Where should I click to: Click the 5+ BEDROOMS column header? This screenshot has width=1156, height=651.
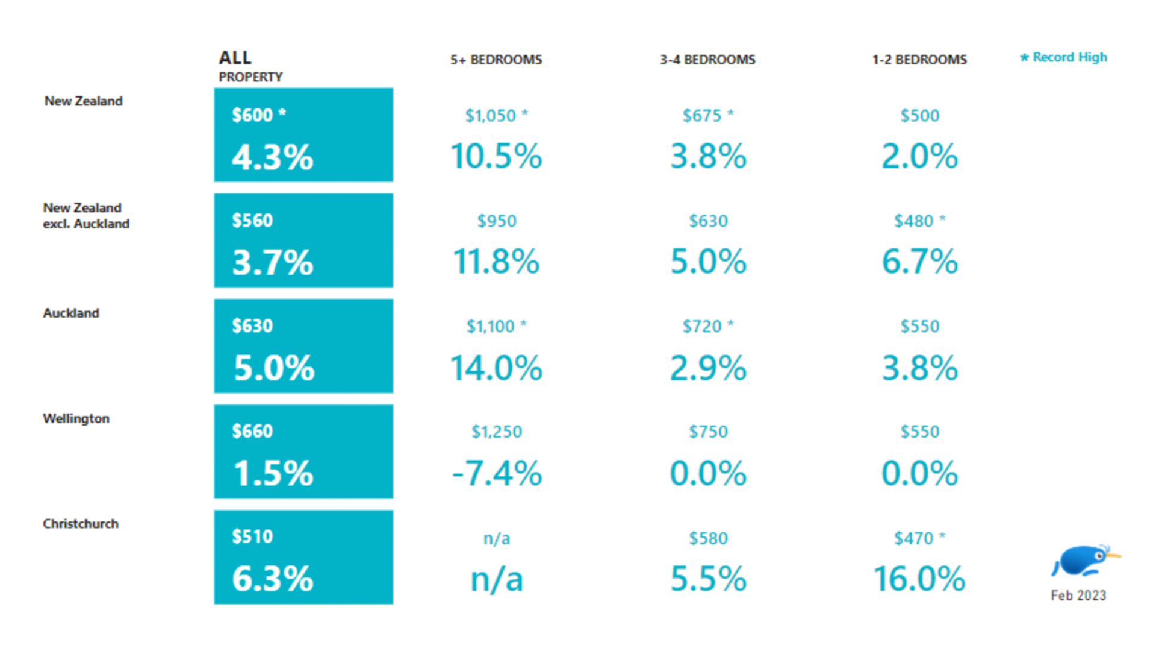point(496,60)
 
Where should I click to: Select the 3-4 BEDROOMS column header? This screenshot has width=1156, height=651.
point(707,60)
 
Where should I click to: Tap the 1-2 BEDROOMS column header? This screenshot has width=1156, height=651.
point(919,60)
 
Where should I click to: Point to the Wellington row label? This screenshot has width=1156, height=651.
point(76,418)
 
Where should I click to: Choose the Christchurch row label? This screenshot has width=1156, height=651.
point(81,524)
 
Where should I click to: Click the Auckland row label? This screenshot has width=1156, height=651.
point(71,313)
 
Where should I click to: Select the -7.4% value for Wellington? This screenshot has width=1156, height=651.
point(497,473)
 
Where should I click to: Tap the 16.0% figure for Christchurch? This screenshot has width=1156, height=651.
point(919,579)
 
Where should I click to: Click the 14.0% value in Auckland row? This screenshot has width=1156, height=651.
point(496,368)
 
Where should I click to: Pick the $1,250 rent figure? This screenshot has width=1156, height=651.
point(497,432)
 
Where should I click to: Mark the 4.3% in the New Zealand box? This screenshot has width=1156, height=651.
point(273,157)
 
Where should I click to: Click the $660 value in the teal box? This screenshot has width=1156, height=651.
point(252,431)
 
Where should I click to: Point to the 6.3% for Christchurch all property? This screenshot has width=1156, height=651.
point(273,579)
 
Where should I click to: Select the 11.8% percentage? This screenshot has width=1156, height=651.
point(496,262)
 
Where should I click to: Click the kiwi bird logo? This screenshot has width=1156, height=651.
point(1084,561)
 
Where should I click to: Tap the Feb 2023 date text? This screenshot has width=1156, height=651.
point(1078,596)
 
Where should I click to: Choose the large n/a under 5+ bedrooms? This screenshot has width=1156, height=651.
point(497,579)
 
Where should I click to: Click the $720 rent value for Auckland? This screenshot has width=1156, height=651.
point(702,326)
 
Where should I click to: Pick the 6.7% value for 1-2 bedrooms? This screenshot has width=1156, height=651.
point(919,262)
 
